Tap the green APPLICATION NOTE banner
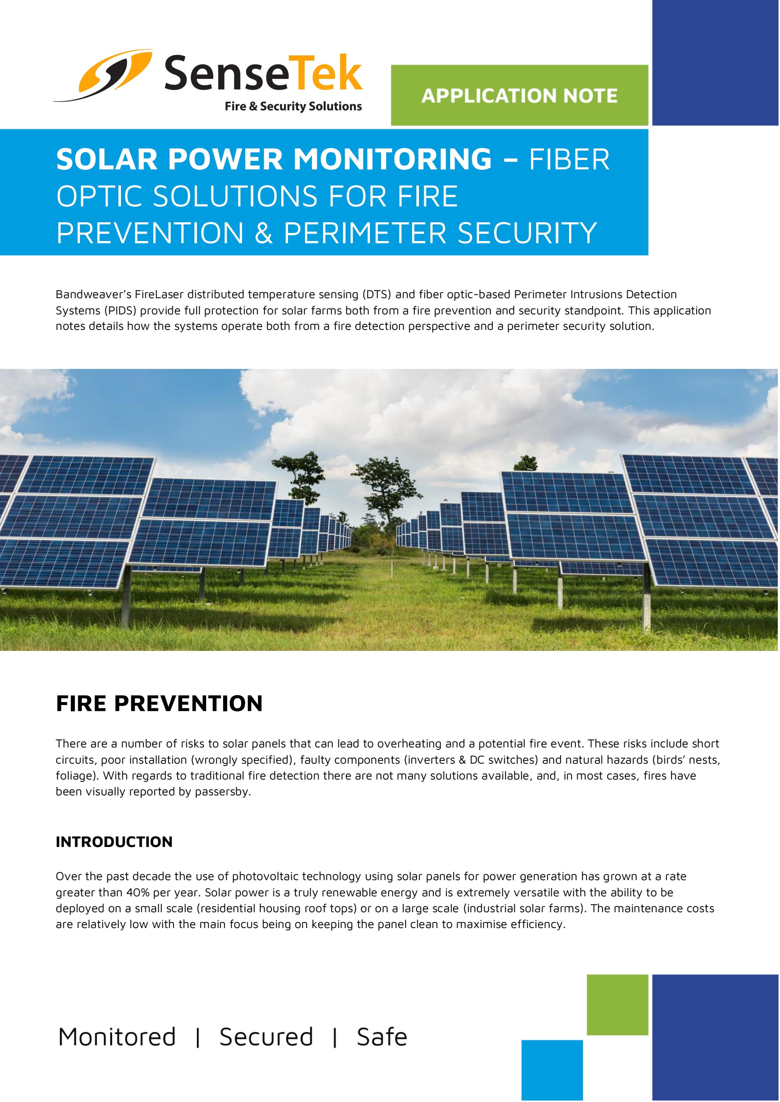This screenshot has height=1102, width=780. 519,95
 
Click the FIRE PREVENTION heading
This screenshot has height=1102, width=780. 159,704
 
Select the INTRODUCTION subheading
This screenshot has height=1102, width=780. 114,842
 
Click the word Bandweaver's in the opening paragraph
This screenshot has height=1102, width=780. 91,294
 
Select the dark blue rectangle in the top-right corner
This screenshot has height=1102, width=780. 715,62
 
